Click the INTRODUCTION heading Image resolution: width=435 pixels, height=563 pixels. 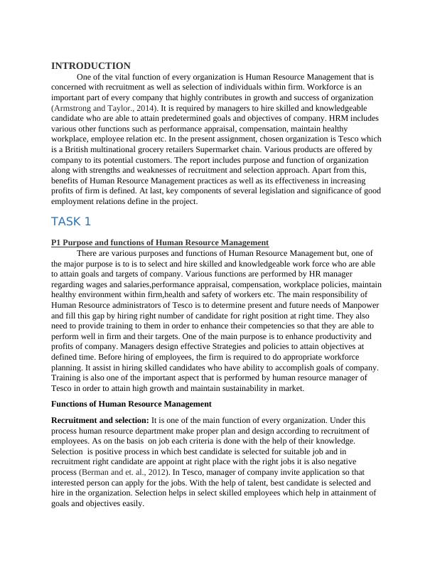[x=91, y=65]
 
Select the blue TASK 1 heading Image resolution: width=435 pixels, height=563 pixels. [x=71, y=221]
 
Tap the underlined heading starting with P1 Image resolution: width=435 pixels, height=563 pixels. [x=160, y=242]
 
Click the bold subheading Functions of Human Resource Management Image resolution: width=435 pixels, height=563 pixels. [x=131, y=403]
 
